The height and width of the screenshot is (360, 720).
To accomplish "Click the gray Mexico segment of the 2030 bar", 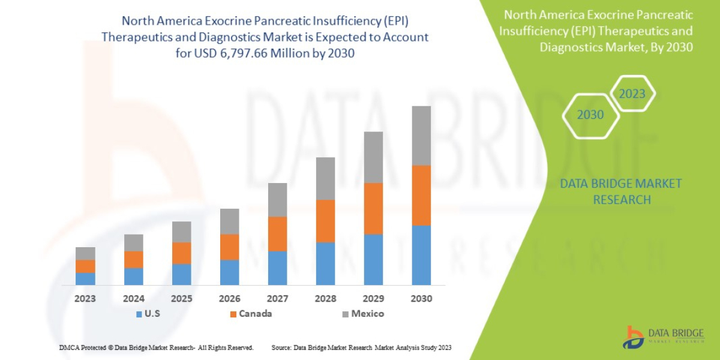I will click(x=421, y=136).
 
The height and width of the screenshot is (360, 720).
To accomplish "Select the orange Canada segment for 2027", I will click(x=277, y=233).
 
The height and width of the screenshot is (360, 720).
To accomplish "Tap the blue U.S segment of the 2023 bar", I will click(x=85, y=278).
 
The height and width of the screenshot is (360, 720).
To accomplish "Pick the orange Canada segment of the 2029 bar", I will click(x=373, y=208).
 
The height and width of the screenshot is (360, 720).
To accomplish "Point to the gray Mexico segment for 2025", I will click(x=181, y=232).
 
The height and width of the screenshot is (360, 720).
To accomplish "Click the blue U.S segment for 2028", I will click(x=325, y=263).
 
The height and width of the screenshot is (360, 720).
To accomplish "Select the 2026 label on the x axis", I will click(x=229, y=298).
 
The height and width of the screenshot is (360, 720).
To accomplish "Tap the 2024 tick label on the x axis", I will click(x=133, y=298).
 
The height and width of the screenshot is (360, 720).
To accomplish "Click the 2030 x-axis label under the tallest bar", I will click(x=421, y=298).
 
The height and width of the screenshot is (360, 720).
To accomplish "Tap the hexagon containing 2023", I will click(x=632, y=94).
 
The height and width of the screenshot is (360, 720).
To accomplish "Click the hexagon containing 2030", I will click(x=590, y=115).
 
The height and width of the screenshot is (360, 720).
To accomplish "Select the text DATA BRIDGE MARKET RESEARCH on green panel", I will click(x=621, y=191).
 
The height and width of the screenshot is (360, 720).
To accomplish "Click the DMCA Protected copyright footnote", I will click(x=156, y=347).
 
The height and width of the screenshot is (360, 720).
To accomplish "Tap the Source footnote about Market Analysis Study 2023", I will click(x=361, y=347).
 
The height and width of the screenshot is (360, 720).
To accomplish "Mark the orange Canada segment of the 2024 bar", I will click(x=133, y=259).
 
